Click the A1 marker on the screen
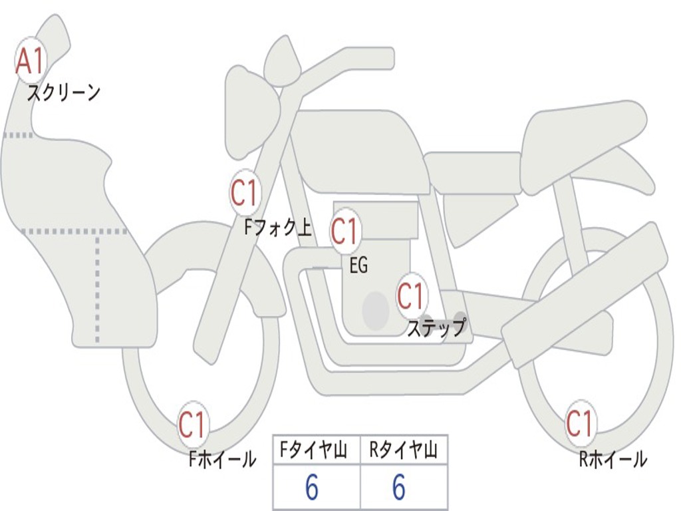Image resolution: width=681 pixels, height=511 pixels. point(30,61)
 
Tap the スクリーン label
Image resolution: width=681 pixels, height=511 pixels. point(63,92)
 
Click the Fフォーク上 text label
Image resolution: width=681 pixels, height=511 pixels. point(278,228)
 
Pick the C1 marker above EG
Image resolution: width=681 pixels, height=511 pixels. point(344,232)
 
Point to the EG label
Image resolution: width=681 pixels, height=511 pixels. point(358,265)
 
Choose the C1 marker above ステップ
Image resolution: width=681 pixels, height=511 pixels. point(411,296)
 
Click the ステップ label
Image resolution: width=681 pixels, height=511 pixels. point(436,328)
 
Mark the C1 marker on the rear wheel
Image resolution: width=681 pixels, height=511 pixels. point(579,423)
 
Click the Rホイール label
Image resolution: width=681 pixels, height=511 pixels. point(613,459)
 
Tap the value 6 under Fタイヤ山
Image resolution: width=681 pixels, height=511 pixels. point(312,488)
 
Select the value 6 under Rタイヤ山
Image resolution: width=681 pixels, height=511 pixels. point(399,488)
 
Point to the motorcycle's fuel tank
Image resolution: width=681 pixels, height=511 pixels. point(359,150)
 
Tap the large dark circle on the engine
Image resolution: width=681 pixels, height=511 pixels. point(375,309)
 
